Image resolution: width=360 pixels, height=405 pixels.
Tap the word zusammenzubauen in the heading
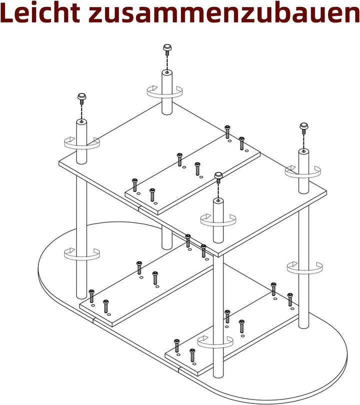click(x=224, y=13)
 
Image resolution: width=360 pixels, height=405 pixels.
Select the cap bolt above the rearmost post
click(x=167, y=49)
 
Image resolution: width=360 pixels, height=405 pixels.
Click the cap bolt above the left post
click(x=81, y=98)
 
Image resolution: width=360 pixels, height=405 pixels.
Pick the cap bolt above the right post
click(x=303, y=128)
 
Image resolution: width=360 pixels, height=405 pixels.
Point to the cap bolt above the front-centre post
click(x=218, y=177)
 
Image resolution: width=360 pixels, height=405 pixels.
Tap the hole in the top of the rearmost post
click(x=167, y=72)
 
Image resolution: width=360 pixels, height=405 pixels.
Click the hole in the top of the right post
click(x=303, y=151)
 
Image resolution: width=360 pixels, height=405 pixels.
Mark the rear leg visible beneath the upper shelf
click(x=167, y=237)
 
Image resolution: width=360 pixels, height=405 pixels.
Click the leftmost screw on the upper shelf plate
click(x=134, y=185)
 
